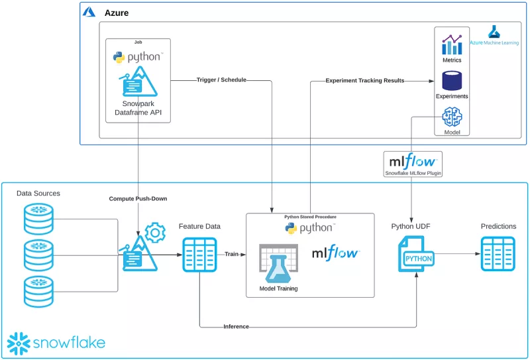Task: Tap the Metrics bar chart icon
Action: (x=452, y=44)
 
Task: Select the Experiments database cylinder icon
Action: (x=452, y=80)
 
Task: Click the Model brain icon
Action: (x=452, y=116)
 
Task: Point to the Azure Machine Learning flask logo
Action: (x=494, y=31)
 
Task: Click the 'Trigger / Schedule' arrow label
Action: (x=221, y=80)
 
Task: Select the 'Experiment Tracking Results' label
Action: (x=365, y=81)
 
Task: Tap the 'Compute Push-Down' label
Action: (x=138, y=199)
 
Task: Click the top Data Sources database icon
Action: (x=38, y=219)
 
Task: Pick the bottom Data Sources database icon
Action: (x=38, y=291)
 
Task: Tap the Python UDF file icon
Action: (x=415, y=255)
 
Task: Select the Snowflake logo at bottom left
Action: (x=56, y=343)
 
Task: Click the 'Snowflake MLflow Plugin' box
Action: (x=413, y=164)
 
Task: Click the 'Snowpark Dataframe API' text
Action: (x=138, y=108)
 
